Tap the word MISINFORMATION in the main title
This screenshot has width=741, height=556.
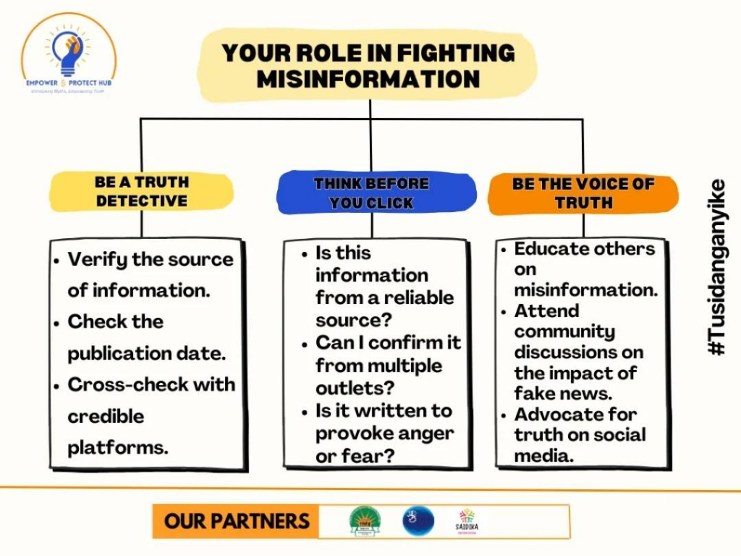point(368,79)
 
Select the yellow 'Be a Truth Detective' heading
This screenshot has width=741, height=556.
point(142,191)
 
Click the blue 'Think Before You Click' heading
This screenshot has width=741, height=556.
point(371,193)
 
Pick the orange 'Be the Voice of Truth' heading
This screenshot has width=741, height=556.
point(583,193)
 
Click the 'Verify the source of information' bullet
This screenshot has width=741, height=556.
point(150,274)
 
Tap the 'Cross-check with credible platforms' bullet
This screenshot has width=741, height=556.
point(151,416)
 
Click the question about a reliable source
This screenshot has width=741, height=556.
point(384,286)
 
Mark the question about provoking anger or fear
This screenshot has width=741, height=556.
point(384,434)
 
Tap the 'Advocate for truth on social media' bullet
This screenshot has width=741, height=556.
point(579,435)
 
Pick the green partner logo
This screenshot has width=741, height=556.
point(364,521)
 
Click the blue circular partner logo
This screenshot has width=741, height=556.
point(418,521)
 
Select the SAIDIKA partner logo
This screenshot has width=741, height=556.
point(467,521)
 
